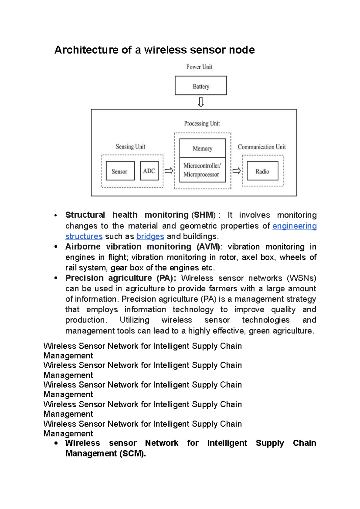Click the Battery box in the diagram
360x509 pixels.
[x=201, y=86]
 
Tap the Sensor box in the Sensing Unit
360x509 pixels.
[x=120, y=171]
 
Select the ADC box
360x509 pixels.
[x=149, y=171]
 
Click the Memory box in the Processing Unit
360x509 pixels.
[x=202, y=148]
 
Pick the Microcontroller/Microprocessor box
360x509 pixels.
[x=202, y=170]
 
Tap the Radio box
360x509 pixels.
[x=262, y=171]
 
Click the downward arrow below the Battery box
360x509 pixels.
[x=201, y=102]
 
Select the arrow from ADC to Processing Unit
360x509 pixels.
[x=169, y=171]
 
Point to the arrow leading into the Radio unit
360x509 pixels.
[x=236, y=171]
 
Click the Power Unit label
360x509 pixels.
[x=199, y=67]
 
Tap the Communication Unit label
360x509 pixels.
[x=262, y=147]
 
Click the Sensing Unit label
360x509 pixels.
[x=130, y=147]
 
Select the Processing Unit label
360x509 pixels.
[x=202, y=124]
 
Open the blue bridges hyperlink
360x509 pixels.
[x=150, y=237]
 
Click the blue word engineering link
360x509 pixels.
[x=294, y=226]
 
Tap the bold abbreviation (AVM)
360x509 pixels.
[x=209, y=247]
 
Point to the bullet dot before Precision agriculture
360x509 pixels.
[x=56, y=278]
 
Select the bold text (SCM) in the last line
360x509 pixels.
[x=132, y=454]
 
